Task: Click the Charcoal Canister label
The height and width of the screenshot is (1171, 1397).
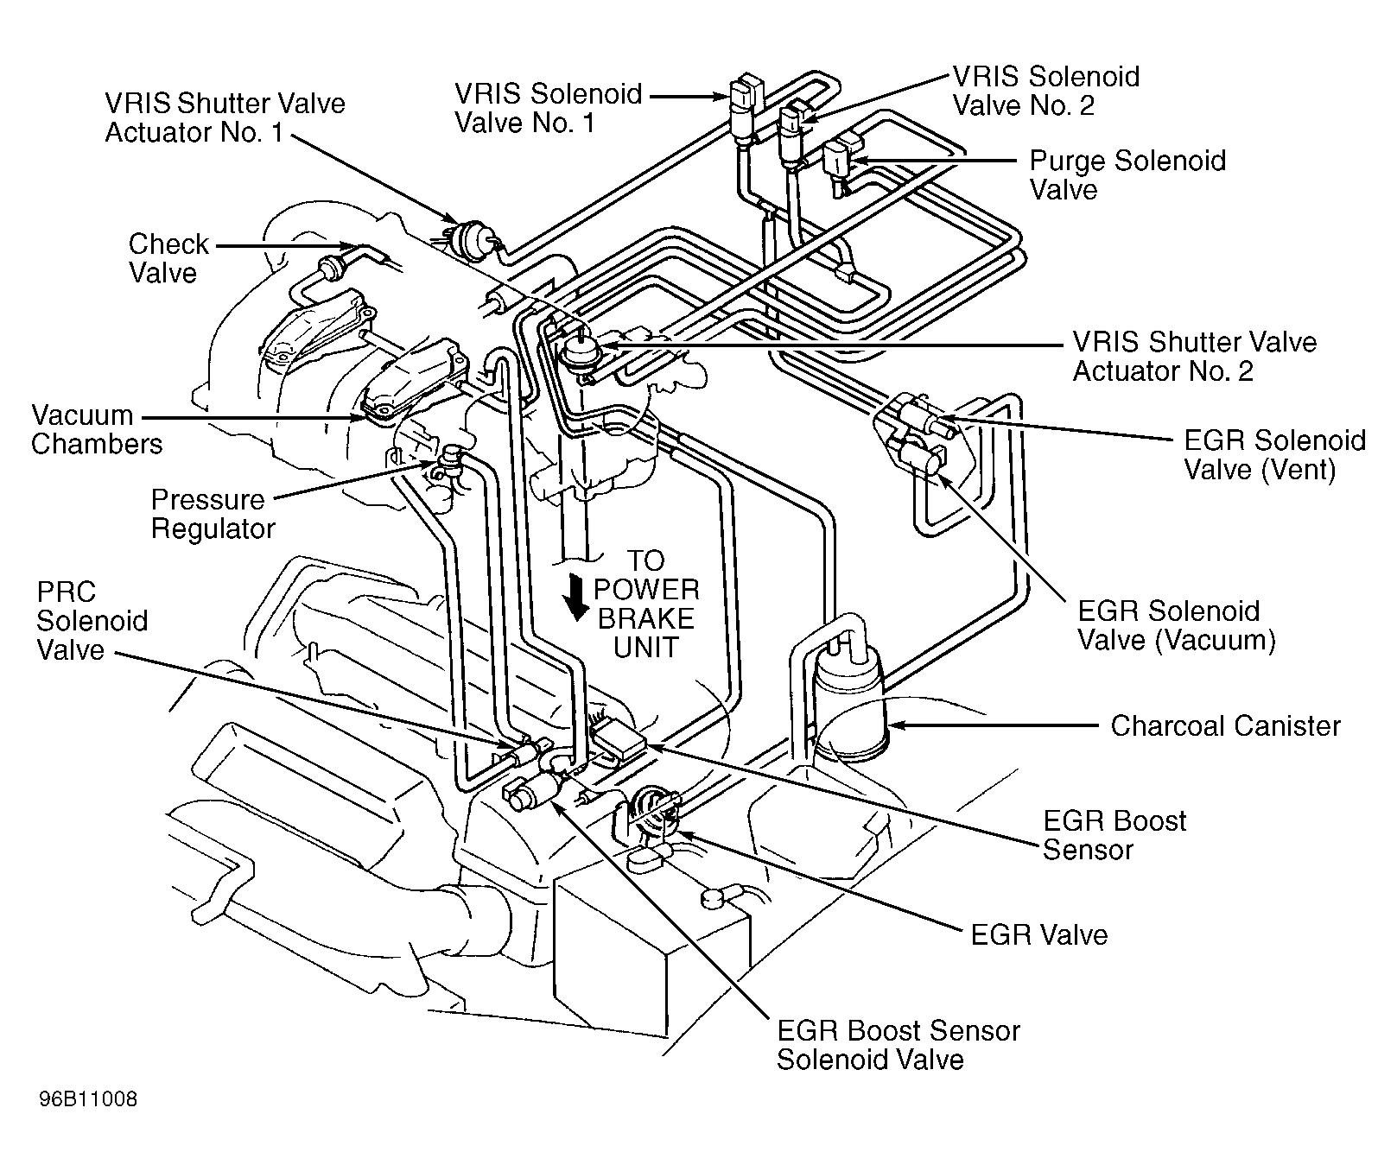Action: [1225, 725]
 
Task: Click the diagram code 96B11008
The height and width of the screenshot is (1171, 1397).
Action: [87, 1100]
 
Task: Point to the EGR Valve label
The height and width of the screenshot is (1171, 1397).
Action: [1038, 934]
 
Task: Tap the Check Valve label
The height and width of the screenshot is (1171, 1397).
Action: [168, 258]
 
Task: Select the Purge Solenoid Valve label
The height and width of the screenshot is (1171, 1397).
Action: [1127, 174]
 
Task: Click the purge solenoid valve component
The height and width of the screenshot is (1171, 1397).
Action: [838, 162]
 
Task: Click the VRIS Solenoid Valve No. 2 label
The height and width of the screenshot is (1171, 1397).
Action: [1045, 91]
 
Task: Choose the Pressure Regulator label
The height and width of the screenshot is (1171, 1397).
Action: [212, 514]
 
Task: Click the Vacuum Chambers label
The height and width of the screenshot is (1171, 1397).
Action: [96, 429]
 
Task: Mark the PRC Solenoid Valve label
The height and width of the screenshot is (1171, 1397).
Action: [92, 621]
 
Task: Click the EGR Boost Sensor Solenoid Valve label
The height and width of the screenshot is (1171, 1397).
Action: [898, 1044]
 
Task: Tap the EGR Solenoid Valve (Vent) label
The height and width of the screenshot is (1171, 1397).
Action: [1273, 455]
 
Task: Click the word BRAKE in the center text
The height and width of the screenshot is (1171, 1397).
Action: [645, 618]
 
